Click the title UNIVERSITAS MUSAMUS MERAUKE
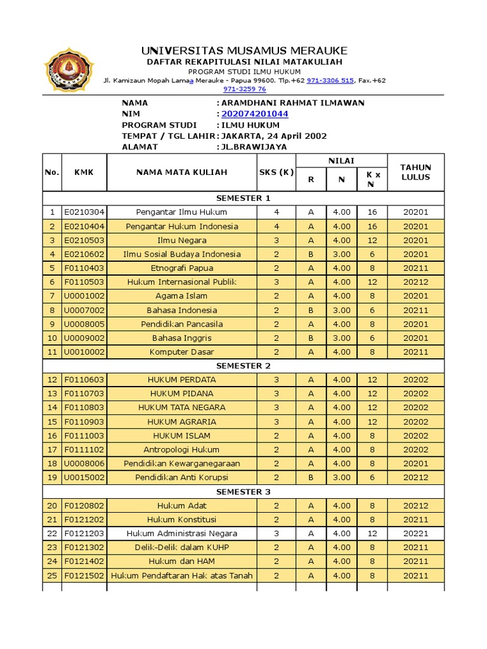(244, 51)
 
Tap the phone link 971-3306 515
(330, 80)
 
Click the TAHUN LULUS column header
(415, 172)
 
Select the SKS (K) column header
(276, 172)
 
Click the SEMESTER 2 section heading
(243, 366)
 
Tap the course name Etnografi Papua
(181, 268)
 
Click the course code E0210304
(84, 212)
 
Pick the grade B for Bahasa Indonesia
(311, 310)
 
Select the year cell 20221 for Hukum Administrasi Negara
(415, 533)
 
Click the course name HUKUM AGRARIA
(181, 421)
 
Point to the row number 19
(52, 477)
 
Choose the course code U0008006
(84, 463)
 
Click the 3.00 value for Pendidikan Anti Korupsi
(341, 477)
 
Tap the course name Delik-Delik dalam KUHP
(181, 547)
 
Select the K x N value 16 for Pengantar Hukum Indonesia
(372, 226)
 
